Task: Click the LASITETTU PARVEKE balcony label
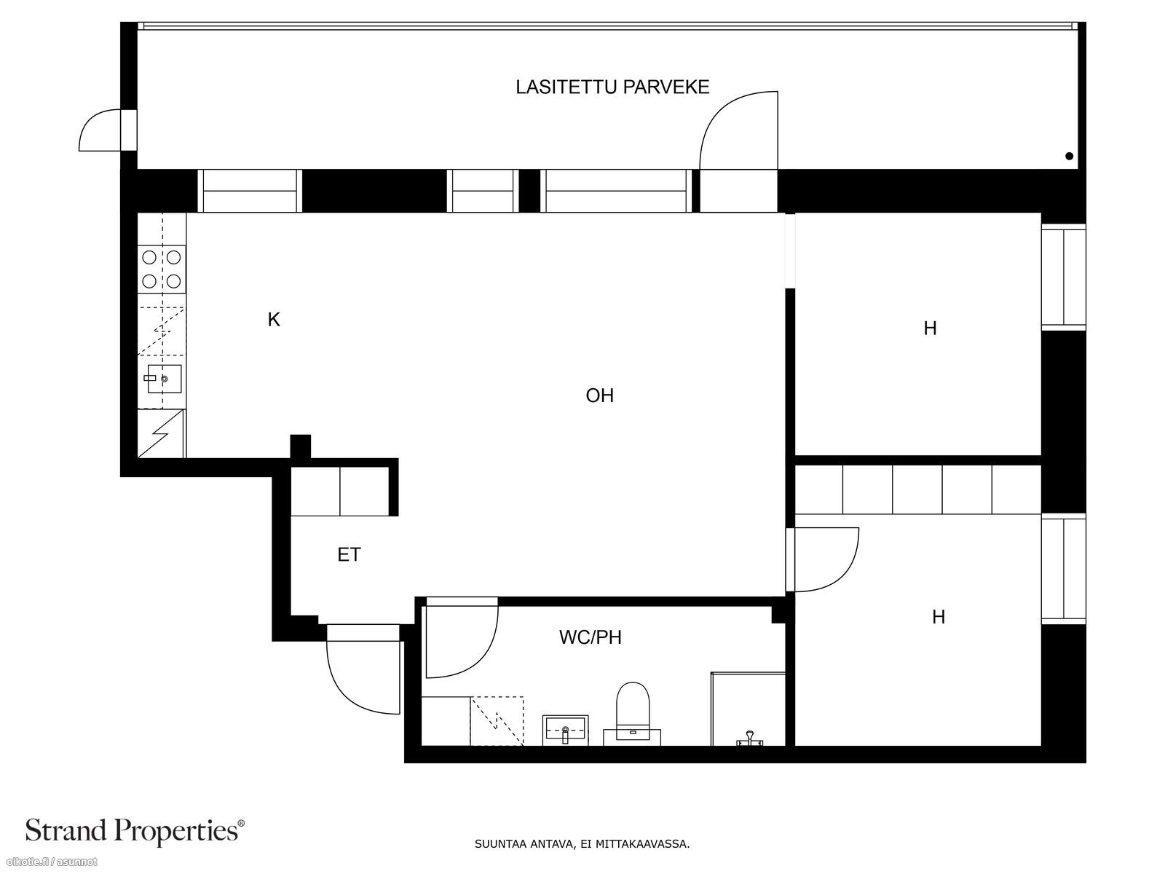tap(612, 87)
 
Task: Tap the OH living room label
tap(600, 396)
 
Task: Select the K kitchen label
tap(273, 320)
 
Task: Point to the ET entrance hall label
tap(349, 555)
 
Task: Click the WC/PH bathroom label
tap(591, 637)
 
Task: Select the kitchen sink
tap(164, 379)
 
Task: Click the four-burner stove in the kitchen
tap(162, 269)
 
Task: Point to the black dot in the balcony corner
tap(1070, 156)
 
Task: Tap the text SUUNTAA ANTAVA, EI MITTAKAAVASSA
tap(582, 844)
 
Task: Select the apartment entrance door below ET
tap(363, 669)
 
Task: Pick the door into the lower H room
tap(823, 559)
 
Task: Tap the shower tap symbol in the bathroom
tap(750, 738)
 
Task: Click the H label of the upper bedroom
tap(930, 328)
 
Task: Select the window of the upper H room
tap(1064, 277)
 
